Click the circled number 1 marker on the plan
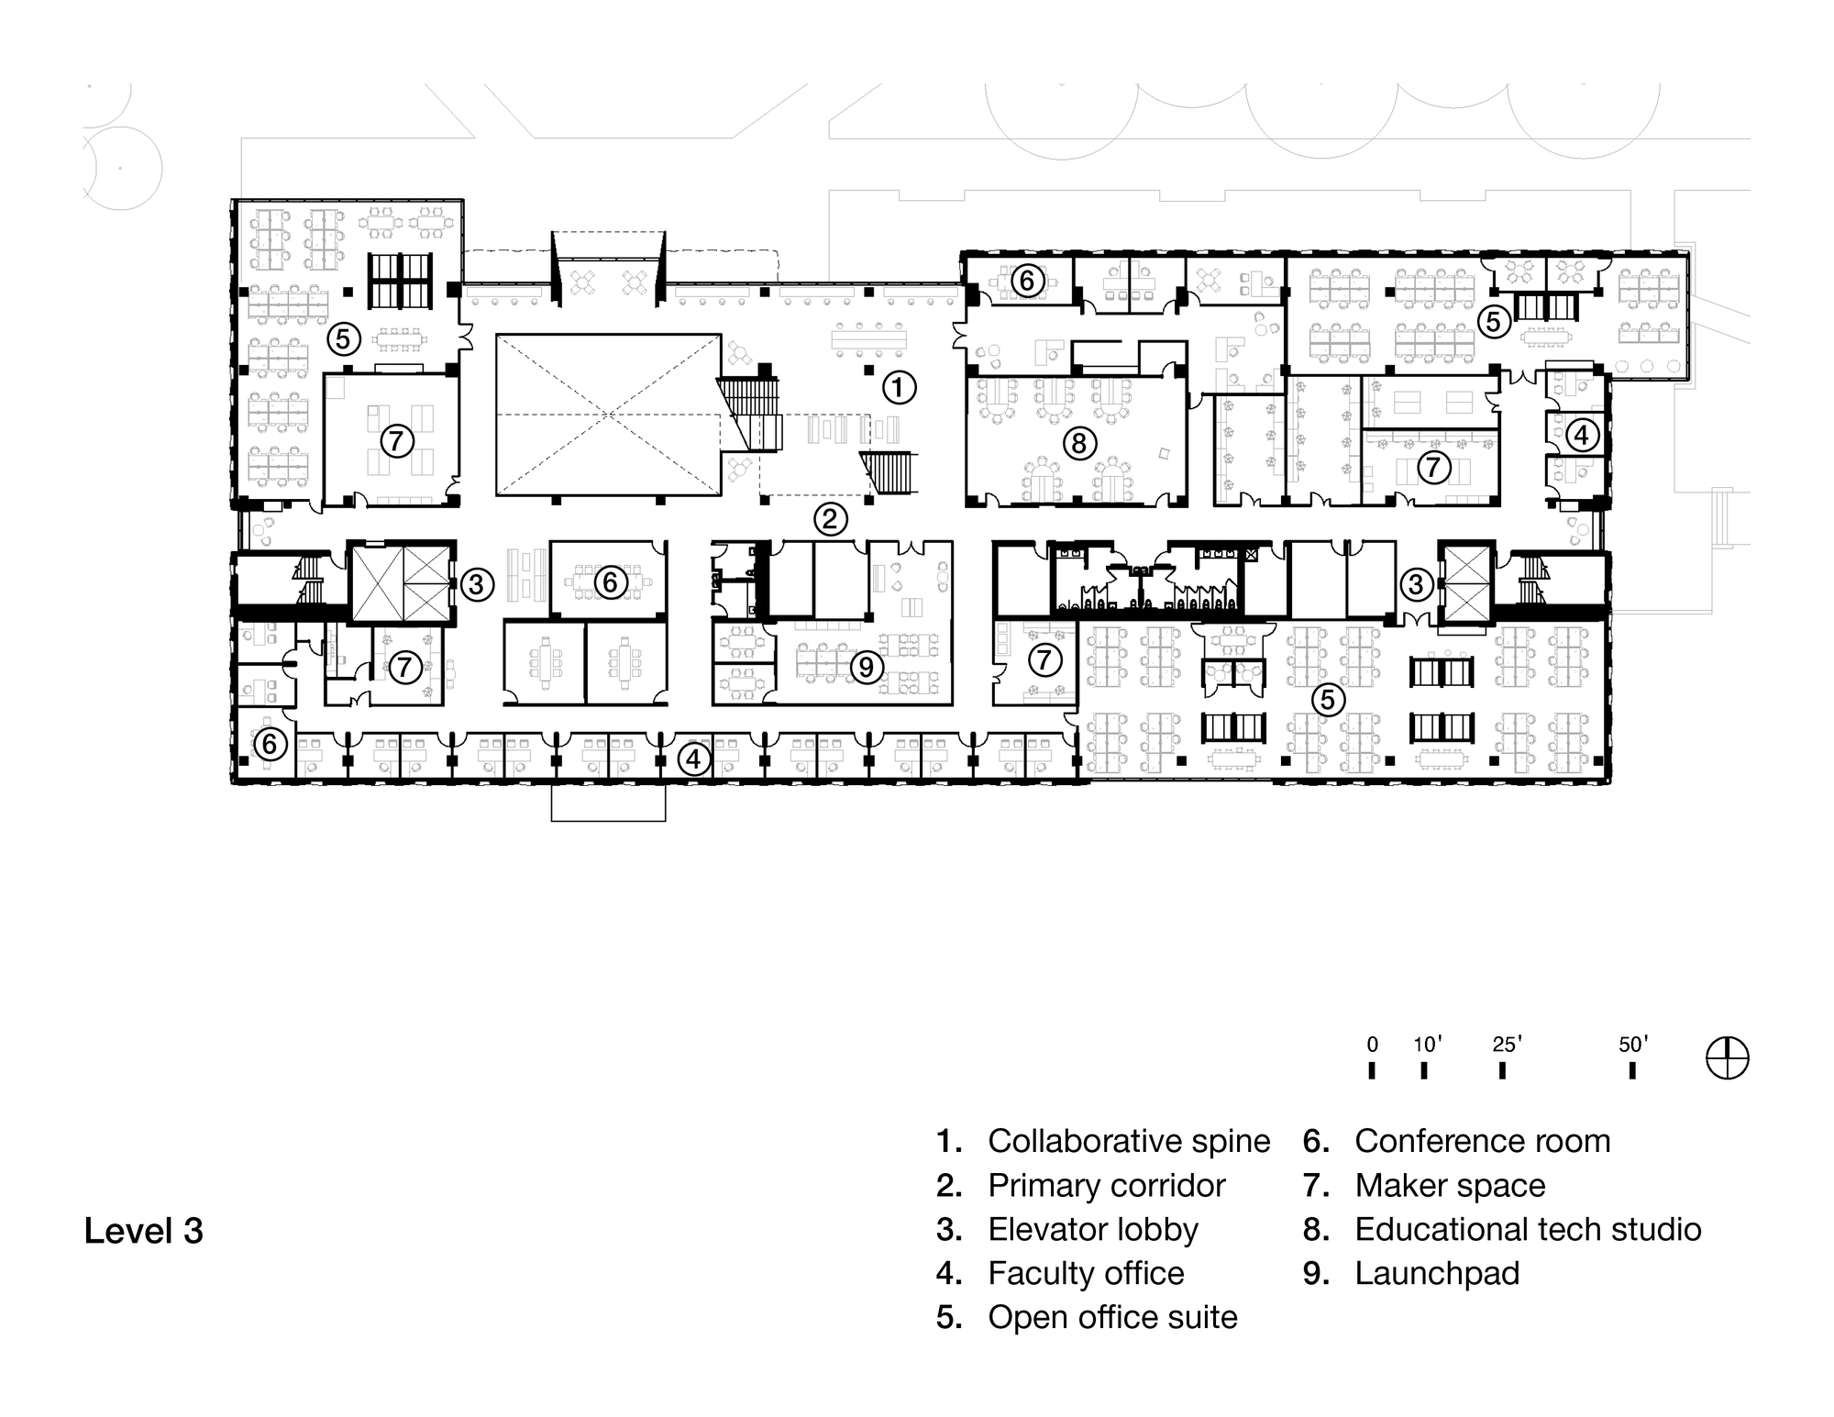click(x=899, y=387)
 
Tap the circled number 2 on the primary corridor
click(x=830, y=520)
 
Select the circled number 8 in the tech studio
click(x=1078, y=444)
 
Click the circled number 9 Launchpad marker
click(x=867, y=667)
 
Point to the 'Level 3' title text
click(x=143, y=1231)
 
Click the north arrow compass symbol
click(x=1728, y=1058)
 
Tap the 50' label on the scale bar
click(x=1633, y=1044)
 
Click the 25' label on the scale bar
click(x=1507, y=1044)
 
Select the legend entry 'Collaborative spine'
click(x=1128, y=1141)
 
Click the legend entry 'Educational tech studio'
click(x=1527, y=1229)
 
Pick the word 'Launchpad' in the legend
click(x=1436, y=1273)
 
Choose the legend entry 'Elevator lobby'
click(x=1092, y=1229)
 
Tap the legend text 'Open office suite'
click(x=1111, y=1317)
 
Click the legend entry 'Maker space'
click(x=1449, y=1185)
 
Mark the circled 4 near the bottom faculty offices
click(x=694, y=758)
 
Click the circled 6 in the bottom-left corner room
click(x=270, y=743)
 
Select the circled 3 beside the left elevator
click(x=477, y=583)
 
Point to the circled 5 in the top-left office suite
click(x=342, y=339)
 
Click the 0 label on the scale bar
click(x=1372, y=1044)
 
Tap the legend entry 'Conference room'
click(x=1481, y=1141)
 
